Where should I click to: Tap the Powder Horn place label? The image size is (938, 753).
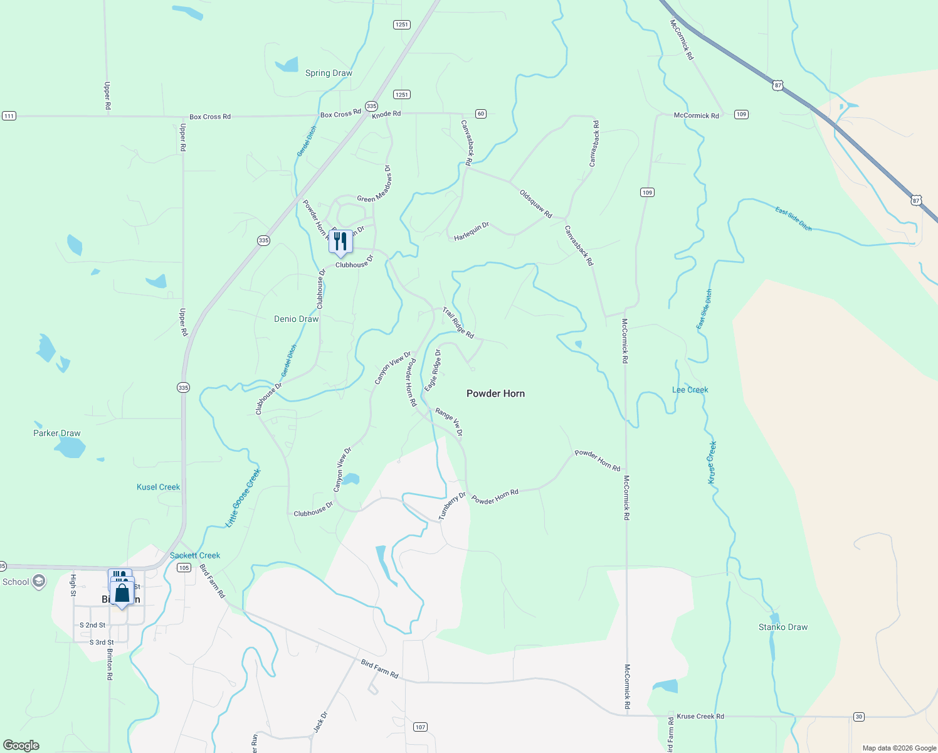495,393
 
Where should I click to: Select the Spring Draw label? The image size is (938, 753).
329,73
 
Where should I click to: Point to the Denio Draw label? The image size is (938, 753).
296,319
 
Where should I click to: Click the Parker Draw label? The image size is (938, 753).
57,433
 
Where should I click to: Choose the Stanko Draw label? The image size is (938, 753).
783,627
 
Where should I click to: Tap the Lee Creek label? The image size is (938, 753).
690,390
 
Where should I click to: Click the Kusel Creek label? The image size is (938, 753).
158,487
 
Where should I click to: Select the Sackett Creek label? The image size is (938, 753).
195,555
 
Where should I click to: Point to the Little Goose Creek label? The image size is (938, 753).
243,498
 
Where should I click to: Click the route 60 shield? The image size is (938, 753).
480,114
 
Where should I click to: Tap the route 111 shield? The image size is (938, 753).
9,116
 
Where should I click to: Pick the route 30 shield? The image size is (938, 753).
858,717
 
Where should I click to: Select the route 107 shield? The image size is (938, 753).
420,727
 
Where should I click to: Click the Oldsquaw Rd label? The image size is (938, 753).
535,204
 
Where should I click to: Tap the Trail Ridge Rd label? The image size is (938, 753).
458,323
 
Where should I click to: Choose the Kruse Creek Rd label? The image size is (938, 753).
700,716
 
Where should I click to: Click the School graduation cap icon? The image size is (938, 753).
39,582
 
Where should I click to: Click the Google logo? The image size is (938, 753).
21,745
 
